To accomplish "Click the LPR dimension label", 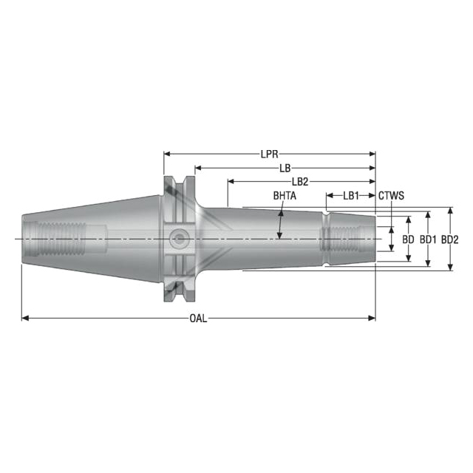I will point(269,155).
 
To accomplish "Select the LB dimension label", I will point(285,169).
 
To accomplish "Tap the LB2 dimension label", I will point(300,182).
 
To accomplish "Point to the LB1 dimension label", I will point(350,196).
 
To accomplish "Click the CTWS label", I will point(391,196).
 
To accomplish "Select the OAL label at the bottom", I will point(198,319).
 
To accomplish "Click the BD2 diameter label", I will point(450,239).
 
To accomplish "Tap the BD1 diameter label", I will point(428,239).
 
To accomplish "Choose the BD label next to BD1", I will point(408,239).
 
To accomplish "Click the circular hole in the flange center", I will point(177,239).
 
